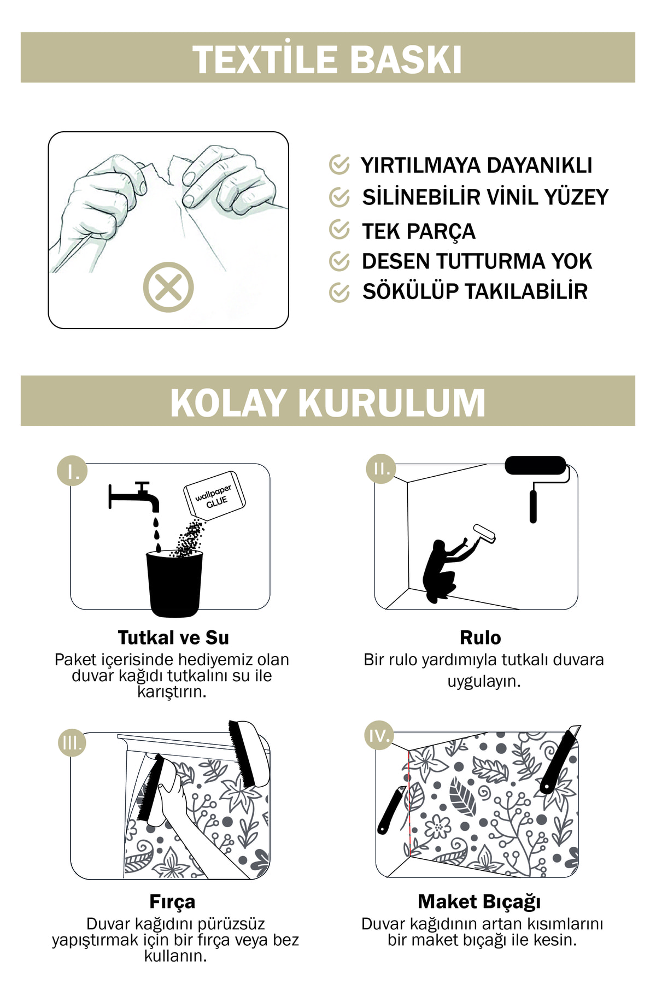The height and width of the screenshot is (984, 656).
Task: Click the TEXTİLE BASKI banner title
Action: click(x=327, y=59)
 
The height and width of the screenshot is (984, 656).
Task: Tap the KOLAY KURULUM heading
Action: click(x=327, y=402)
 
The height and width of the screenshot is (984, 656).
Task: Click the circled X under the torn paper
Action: click(x=168, y=287)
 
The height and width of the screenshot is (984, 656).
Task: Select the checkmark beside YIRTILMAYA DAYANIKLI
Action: click(x=339, y=164)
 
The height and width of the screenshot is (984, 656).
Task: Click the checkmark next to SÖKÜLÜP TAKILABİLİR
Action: click(x=339, y=292)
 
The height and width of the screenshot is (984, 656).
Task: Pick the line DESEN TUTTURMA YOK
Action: click(x=477, y=261)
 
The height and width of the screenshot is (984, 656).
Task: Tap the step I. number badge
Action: click(x=72, y=470)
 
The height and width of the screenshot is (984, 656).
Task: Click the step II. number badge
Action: click(x=381, y=468)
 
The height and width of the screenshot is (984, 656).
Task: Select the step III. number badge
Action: click(x=72, y=742)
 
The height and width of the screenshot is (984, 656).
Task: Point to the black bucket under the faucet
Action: click(x=174, y=583)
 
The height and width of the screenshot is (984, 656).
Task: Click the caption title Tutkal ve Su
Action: click(x=173, y=637)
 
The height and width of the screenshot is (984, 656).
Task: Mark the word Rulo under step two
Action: click(x=481, y=637)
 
